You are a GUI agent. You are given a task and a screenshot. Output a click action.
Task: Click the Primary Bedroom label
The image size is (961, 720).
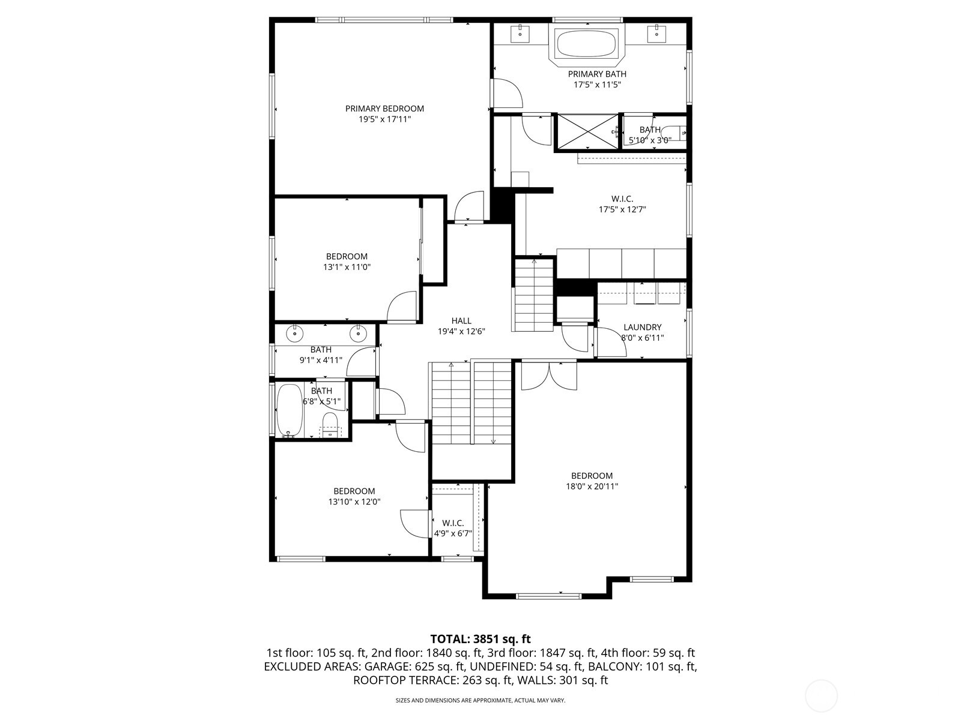point(384,109)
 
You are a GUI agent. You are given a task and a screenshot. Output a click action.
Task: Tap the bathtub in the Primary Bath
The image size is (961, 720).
point(586,43)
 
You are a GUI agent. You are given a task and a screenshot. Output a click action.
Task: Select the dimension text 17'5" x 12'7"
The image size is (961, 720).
point(622,209)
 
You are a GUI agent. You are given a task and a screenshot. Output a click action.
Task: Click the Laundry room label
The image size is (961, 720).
point(642,327)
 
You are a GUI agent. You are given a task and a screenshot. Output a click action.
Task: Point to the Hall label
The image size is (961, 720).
point(461,321)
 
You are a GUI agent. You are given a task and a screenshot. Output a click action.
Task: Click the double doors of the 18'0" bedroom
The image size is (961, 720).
point(548,376)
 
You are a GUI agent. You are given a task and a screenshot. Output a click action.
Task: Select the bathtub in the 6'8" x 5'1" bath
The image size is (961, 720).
point(289,410)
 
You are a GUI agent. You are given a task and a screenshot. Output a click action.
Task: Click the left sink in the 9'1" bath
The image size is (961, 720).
point(295,332)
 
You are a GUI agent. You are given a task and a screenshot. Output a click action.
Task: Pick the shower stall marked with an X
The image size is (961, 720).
point(585,131)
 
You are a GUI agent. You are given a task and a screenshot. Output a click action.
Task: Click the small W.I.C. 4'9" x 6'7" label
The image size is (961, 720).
point(453,523)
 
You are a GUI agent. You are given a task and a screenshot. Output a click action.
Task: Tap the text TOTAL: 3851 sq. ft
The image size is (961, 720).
point(480,639)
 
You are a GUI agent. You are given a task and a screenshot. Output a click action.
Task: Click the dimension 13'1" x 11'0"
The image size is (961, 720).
point(347,267)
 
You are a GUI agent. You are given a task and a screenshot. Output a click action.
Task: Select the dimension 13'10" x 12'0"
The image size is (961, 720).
point(354,502)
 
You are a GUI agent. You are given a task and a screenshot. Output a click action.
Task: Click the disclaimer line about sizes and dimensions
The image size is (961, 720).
point(480,700)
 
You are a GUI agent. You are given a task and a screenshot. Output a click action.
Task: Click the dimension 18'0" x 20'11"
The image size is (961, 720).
point(592,487)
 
